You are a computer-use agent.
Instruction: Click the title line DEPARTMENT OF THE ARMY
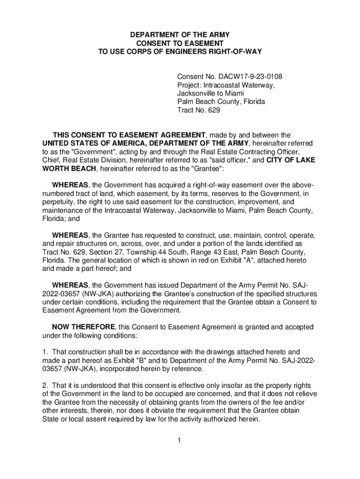[180, 35]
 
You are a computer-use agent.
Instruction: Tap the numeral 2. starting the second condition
[45, 385]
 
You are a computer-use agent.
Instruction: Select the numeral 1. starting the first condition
[45, 352]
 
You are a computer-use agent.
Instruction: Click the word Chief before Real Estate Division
[51, 160]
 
